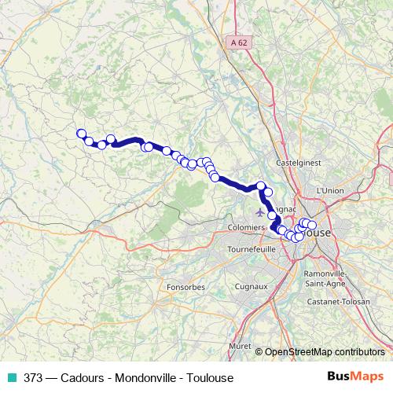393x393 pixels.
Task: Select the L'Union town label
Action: coord(331,190)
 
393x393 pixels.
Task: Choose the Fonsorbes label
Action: coord(185,287)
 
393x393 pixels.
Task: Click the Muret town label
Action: coord(239,345)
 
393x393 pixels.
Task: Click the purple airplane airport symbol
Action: coord(261,213)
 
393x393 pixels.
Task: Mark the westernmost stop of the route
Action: coord(80,134)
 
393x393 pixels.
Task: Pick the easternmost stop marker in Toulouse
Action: coord(312,226)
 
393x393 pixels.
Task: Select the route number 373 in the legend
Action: coord(34,376)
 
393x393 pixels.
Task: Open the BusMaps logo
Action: coord(355,376)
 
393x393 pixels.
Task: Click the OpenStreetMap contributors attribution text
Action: coord(325,352)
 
